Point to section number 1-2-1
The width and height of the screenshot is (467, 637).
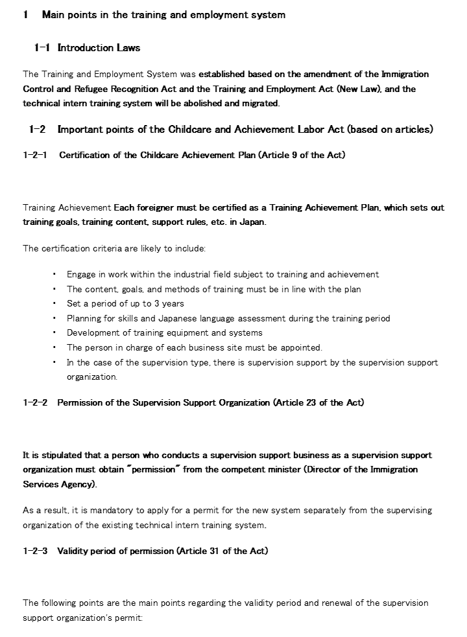point(35,155)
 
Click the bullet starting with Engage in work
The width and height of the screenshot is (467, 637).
point(222,275)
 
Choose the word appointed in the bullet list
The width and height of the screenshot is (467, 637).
point(300,347)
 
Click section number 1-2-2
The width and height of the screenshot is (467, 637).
point(35,402)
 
